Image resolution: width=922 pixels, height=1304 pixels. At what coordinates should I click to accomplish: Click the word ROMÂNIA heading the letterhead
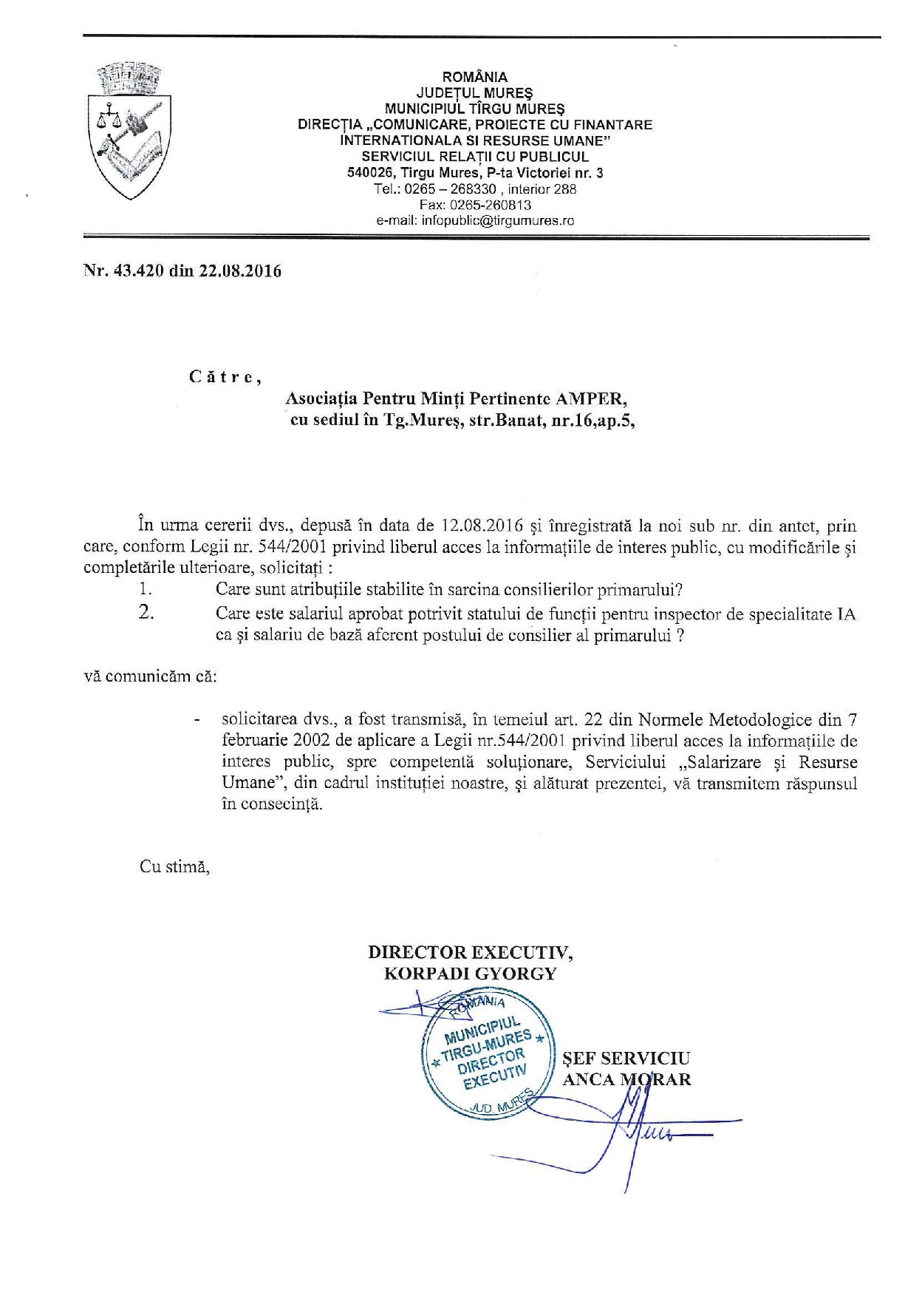point(474,77)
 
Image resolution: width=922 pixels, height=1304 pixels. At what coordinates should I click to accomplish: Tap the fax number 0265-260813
point(497,205)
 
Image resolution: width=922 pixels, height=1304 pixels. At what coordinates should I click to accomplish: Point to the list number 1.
point(145,590)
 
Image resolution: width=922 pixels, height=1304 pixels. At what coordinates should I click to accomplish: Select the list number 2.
point(146,613)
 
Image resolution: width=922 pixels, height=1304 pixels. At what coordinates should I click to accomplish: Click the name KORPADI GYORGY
point(470,973)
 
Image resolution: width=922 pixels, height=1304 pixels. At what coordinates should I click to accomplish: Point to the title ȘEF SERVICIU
point(626,1057)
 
